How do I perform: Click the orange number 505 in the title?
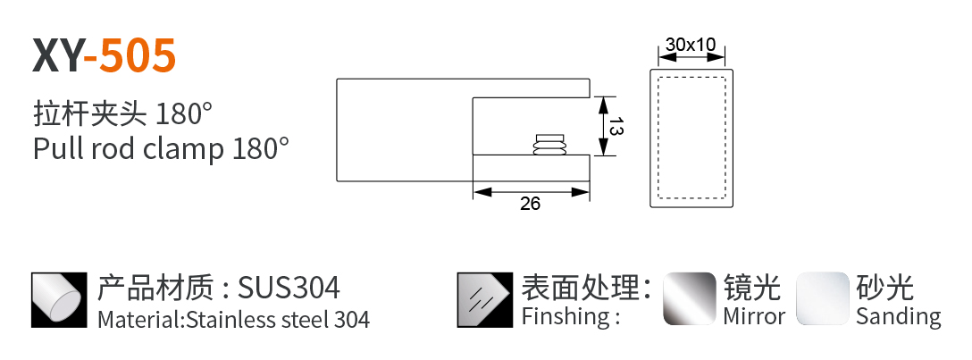click(x=137, y=54)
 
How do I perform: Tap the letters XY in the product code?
click(x=57, y=54)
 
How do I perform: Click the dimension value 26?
click(x=530, y=204)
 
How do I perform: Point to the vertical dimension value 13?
click(x=615, y=126)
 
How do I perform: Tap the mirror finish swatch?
click(x=689, y=298)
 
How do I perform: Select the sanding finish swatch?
click(x=823, y=298)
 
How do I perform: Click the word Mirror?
click(x=754, y=316)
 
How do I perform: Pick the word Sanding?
click(x=898, y=316)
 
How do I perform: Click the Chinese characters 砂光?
click(x=884, y=288)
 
